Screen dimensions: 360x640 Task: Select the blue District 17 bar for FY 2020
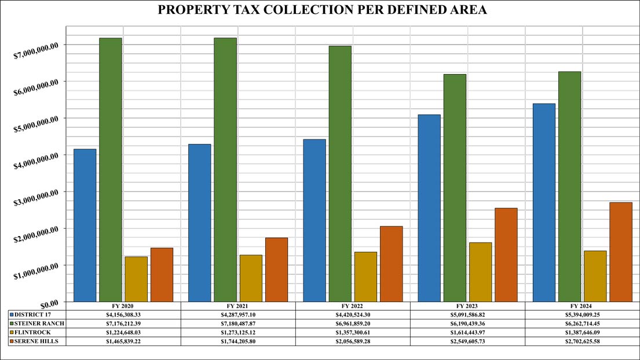(x=85, y=225)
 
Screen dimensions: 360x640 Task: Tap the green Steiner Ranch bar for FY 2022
(x=340, y=174)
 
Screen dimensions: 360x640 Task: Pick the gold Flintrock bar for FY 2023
(x=481, y=271)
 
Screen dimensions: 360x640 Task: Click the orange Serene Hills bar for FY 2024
(x=620, y=252)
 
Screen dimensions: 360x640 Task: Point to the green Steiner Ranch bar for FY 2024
(x=569, y=186)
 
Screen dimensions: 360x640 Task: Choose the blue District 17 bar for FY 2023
(x=429, y=208)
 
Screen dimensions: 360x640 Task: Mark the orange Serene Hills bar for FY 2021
(x=276, y=269)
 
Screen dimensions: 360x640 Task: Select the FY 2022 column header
(x=353, y=305)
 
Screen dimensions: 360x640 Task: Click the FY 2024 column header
(x=582, y=305)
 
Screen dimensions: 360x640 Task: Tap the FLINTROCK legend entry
(x=36, y=332)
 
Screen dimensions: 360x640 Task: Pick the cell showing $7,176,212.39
(x=123, y=323)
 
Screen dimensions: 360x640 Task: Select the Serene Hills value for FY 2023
(x=467, y=341)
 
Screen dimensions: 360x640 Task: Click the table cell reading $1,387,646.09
(x=582, y=332)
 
